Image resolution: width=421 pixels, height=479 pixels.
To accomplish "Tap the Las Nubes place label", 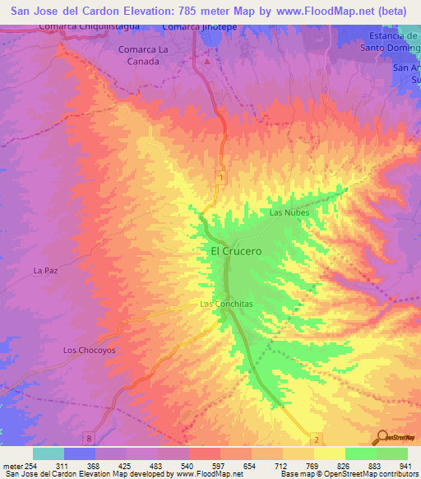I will pos(288,212).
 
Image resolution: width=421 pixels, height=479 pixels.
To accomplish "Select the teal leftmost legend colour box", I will pos(49,453).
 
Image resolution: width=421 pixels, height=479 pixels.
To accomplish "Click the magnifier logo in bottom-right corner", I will pos(382,437).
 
